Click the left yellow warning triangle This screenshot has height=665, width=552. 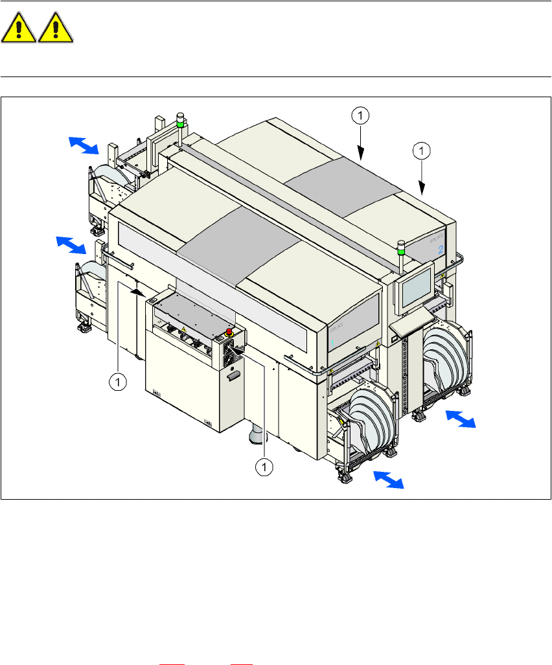pos(19,29)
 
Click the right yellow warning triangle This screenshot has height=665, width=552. pos(55,29)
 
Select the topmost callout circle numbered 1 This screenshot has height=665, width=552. pos(360,115)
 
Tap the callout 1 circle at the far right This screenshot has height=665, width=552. pos(422,151)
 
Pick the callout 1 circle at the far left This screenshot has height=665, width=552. pos(117,382)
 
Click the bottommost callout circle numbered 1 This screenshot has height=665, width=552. pos(263,466)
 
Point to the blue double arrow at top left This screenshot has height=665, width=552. pos(84,146)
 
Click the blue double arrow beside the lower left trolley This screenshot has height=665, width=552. pos(70,245)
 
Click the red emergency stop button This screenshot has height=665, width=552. pos(228,332)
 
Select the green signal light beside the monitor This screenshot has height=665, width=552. pos(400,247)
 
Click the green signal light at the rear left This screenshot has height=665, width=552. pos(181,120)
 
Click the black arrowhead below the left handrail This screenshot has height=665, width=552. pos(136,292)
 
